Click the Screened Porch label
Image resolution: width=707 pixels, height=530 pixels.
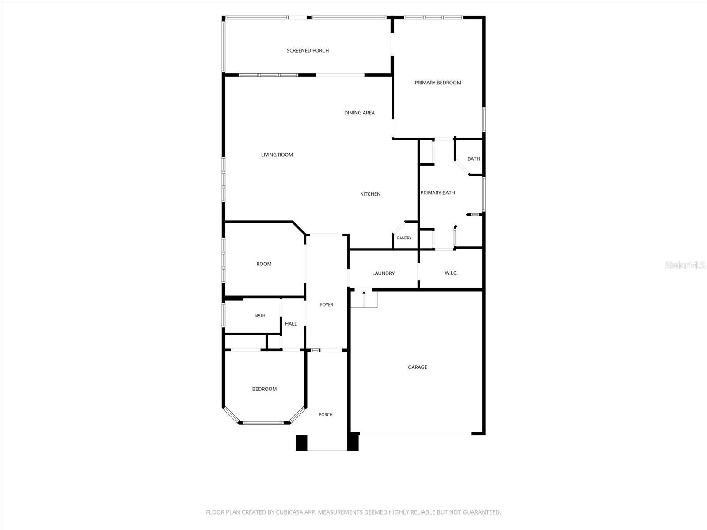(308, 50)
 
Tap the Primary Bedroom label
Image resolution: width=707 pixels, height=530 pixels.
(438, 83)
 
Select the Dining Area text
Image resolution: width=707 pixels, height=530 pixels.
(359, 113)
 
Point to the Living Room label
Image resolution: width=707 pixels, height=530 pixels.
(277, 155)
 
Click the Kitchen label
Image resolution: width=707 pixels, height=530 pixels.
(370, 194)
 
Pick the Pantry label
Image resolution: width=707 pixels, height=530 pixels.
(404, 238)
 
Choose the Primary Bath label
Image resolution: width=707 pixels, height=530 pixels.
(437, 193)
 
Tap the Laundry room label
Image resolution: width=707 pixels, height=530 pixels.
(383, 273)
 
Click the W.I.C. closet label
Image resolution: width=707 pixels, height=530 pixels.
(451, 273)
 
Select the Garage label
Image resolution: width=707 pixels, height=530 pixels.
(418, 367)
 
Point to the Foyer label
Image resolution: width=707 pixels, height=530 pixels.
(326, 305)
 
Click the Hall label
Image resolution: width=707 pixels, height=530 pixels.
(291, 324)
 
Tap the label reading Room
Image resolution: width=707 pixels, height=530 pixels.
(264, 264)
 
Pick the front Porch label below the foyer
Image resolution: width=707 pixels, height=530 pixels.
(325, 415)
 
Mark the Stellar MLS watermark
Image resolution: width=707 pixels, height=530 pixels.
(685, 265)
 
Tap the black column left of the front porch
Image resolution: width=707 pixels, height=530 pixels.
(301, 443)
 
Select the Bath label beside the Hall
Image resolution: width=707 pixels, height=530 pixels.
(260, 315)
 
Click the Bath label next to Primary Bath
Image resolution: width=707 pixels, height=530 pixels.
(474, 159)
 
